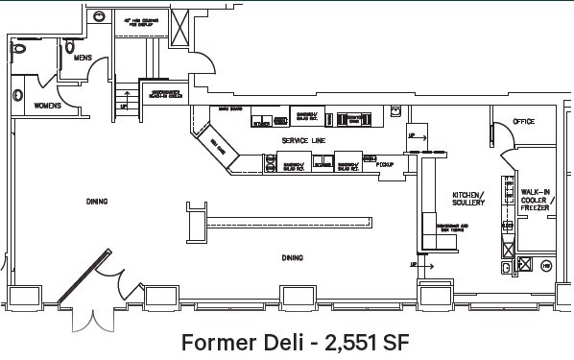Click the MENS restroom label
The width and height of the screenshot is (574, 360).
83,58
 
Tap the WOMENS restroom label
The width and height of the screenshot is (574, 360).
48,105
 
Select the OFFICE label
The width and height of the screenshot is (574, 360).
523,122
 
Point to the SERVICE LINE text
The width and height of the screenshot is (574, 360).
302,141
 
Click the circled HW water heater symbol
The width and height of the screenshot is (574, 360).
545,264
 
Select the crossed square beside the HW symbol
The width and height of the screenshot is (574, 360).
524,264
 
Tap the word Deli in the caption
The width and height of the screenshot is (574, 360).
283,341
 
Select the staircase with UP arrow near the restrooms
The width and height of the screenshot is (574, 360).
124,100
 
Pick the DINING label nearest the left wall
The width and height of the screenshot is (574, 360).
96,202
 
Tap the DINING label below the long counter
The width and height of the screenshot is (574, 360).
292,257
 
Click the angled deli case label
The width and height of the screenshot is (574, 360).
218,150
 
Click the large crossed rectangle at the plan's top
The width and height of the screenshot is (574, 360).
179,30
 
